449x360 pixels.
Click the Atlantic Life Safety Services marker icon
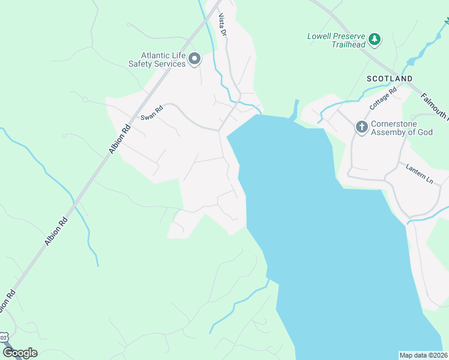coord(194,59)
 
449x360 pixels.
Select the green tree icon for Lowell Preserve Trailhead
coord(375,39)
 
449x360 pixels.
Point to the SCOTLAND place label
coord(390,79)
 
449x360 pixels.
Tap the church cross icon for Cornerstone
coord(361,127)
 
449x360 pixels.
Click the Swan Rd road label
coord(152,113)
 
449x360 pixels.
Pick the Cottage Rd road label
coord(384,99)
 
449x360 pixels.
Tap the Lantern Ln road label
coord(419,172)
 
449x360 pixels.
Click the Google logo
coord(20,353)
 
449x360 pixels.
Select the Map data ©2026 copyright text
coord(423,355)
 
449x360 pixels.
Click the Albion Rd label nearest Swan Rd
coord(119,140)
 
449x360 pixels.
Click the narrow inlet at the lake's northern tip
coord(295,109)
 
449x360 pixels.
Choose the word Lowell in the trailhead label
coord(320,36)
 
